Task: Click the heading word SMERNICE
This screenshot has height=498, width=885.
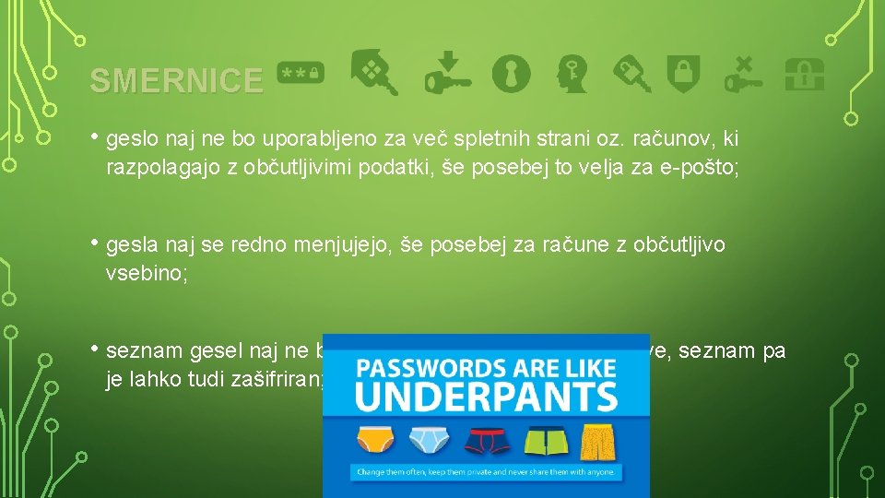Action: point(175,81)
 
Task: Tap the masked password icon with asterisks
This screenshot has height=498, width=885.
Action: point(301,72)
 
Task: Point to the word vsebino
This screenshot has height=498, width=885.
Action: point(147,273)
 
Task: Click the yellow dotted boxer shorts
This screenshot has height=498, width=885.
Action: point(596,442)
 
